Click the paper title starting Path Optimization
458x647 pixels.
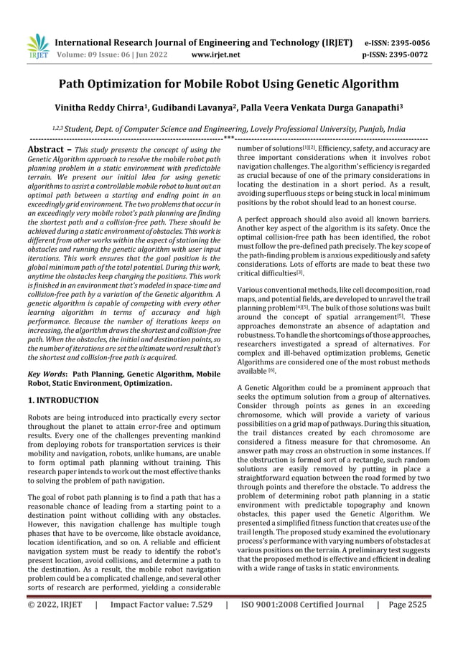pos(228,85)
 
